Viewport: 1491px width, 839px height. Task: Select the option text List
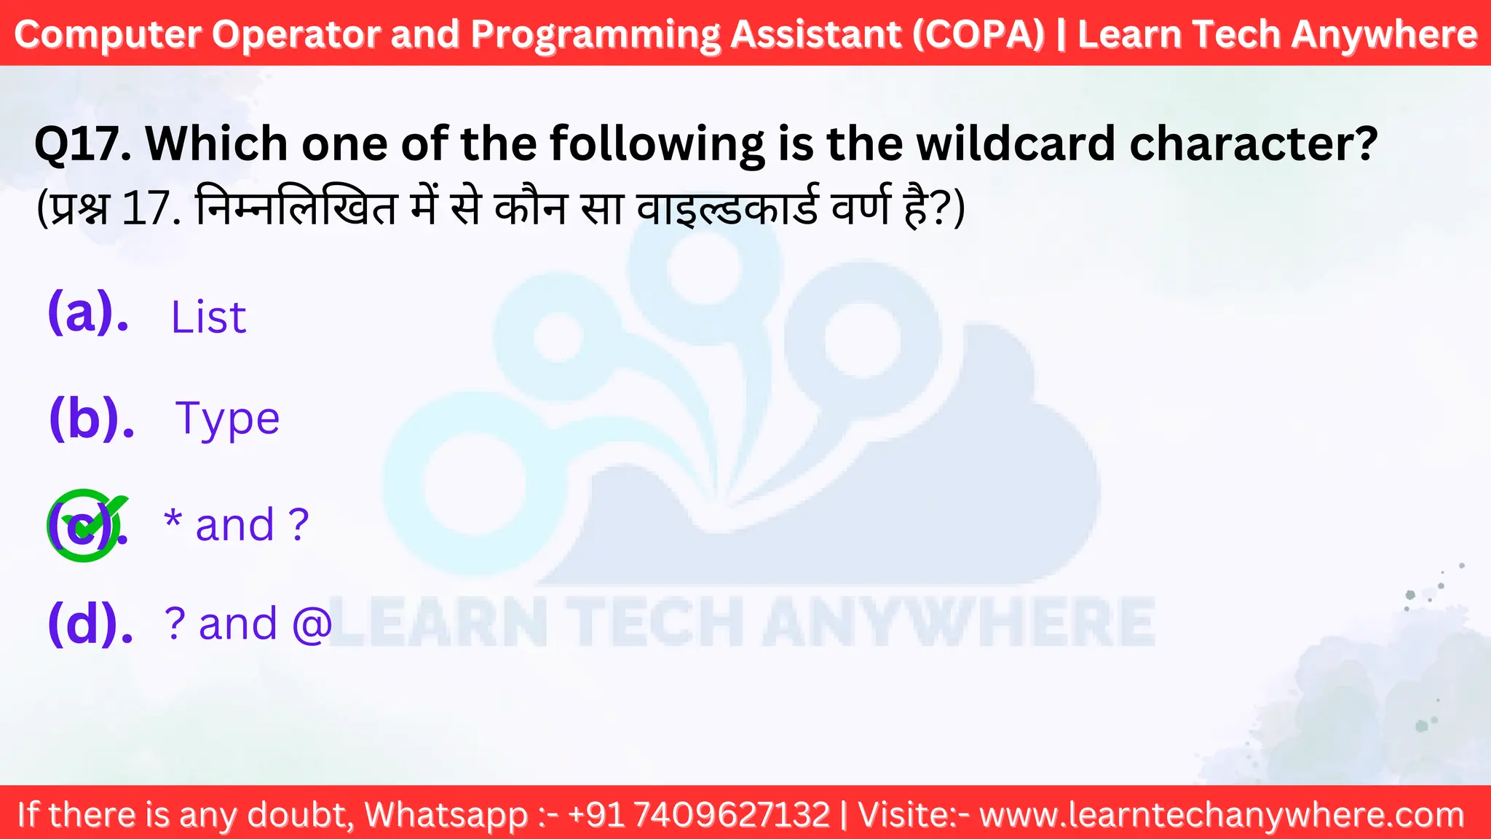point(208,318)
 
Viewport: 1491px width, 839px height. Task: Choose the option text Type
point(227,419)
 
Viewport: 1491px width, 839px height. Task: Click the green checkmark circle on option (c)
point(84,525)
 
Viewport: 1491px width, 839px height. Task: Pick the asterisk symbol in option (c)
point(173,519)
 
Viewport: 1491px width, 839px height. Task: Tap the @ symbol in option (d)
point(312,624)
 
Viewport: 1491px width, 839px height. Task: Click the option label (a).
point(88,313)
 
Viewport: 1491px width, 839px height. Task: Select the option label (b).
point(92,418)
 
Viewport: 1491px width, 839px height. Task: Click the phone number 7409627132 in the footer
point(732,814)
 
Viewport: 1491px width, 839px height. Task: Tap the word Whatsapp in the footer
point(446,814)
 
